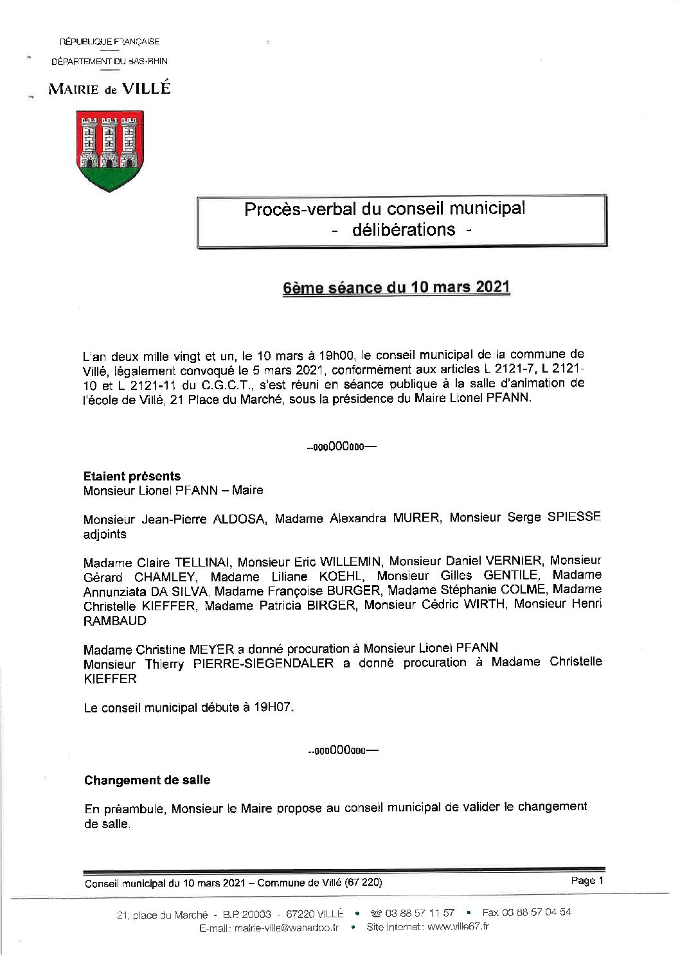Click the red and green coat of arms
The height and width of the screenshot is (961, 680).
pos(110,152)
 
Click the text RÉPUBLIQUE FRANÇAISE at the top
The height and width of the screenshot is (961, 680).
pos(109,42)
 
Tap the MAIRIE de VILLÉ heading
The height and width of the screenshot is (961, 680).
pos(110,89)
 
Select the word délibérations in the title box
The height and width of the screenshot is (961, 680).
pos(404,229)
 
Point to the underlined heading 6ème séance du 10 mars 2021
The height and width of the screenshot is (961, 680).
pos(397,287)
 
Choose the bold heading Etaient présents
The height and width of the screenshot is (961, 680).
pos(132,476)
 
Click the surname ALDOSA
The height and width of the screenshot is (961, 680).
pos(238,519)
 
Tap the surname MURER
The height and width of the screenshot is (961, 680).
pos(416,518)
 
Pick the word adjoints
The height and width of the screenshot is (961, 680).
pos(105,534)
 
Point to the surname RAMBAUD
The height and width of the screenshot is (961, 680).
pos(115,621)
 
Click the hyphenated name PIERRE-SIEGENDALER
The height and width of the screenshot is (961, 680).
pos(264,664)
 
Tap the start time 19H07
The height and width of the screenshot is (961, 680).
pos(273,708)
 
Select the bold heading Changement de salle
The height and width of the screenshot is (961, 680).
pos(147,780)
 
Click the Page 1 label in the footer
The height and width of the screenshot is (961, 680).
pos(587,881)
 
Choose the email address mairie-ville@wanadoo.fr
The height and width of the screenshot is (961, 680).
pos(287,928)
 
